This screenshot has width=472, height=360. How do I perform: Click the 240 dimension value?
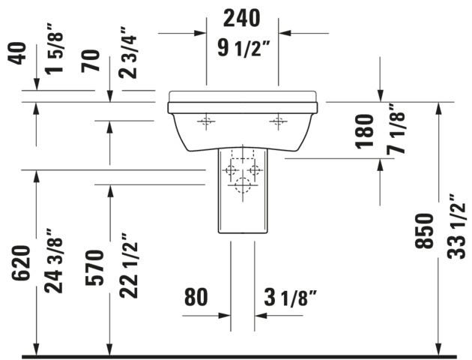tap(241, 19)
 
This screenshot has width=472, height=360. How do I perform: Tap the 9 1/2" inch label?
tap(243, 49)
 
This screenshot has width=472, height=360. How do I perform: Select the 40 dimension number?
tap(16, 53)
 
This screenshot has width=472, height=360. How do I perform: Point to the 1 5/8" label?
tap(54, 52)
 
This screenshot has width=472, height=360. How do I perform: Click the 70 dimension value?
tap(91, 61)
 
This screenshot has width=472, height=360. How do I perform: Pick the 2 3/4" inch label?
tap(127, 53)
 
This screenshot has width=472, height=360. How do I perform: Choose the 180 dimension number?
tap(364, 131)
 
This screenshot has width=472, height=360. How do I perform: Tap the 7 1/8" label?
tap(396, 129)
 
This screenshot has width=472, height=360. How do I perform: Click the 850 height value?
tap(424, 231)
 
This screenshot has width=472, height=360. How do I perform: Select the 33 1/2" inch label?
tap(456, 226)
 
